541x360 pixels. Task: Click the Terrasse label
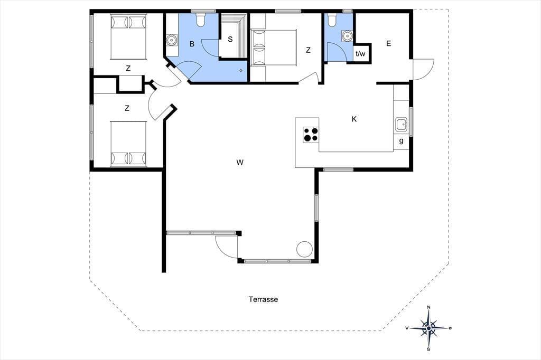263,299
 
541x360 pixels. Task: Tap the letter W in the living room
240,162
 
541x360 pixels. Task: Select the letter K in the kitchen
354,119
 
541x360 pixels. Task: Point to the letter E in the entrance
388,43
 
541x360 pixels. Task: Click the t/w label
360,54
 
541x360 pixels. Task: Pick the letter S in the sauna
230,39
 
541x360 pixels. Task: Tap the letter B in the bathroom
192,44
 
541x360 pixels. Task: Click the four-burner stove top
311,135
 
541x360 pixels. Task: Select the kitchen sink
402,124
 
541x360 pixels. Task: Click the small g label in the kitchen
401,140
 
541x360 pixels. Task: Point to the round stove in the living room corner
305,249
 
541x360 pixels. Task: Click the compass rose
428,328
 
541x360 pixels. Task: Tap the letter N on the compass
428,307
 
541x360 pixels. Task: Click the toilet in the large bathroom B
200,20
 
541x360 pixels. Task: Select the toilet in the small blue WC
332,20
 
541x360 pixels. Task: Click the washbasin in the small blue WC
347,36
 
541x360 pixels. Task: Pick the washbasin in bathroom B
171,40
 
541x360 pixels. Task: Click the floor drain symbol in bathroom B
241,70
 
